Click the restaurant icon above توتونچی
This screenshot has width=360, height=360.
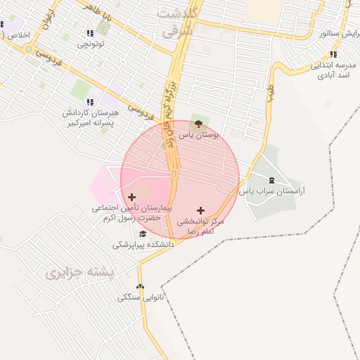(89, 33)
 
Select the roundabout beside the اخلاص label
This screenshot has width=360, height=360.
(28, 49)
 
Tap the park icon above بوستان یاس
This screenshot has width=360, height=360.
(199, 124)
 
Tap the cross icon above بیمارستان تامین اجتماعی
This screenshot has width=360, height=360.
(131, 197)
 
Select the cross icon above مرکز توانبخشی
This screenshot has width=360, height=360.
(201, 210)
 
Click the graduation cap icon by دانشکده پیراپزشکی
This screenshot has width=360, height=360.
(143, 234)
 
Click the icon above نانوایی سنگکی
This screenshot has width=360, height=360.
(141, 287)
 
